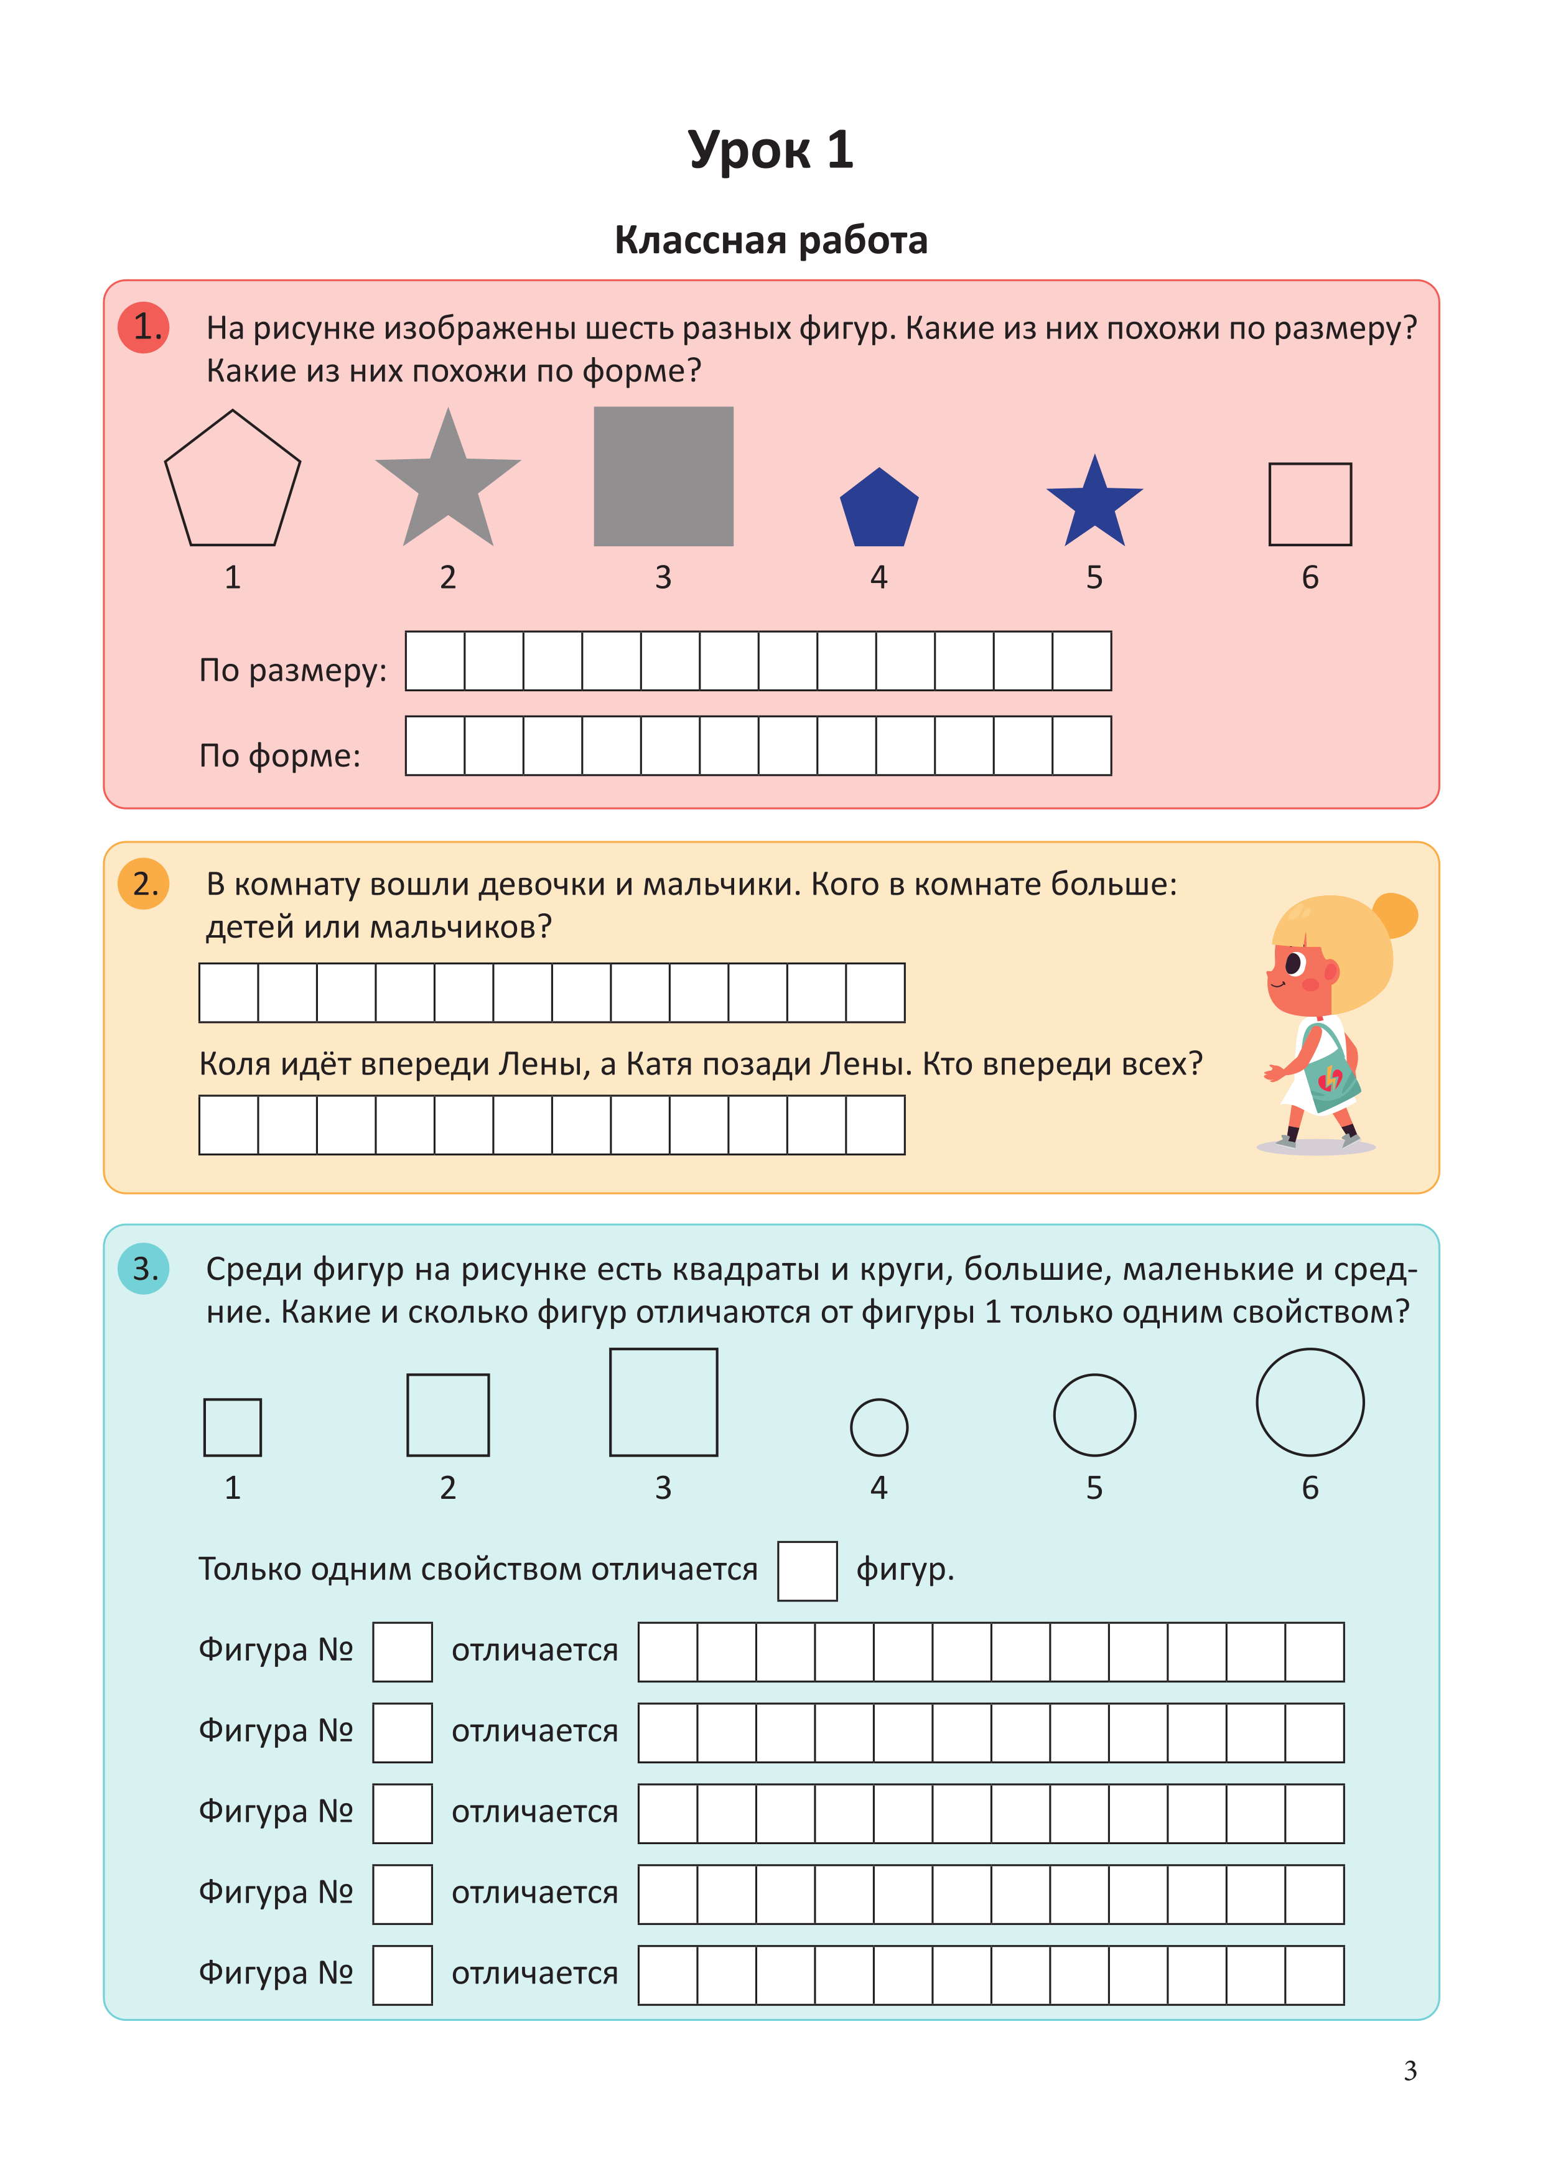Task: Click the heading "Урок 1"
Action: coord(770,150)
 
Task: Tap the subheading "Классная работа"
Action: coord(770,240)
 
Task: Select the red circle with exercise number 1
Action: coord(144,327)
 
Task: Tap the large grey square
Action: coord(663,476)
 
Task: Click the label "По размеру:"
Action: coord(292,671)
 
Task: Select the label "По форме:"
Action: coord(279,755)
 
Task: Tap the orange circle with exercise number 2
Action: coord(144,884)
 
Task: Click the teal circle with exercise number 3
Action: coord(144,1269)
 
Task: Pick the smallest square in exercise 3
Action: coord(233,1427)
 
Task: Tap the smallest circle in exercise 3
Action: coord(879,1427)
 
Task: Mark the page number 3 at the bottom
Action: coord(1410,2071)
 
